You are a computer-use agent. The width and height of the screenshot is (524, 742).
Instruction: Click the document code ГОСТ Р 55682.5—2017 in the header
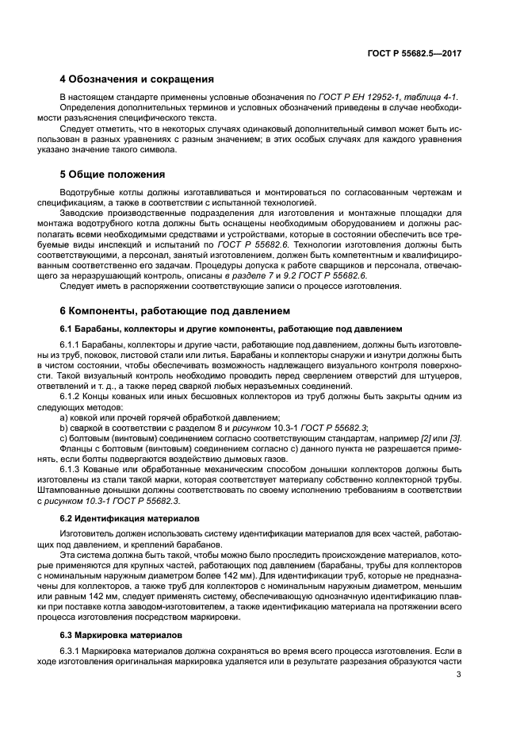point(415,53)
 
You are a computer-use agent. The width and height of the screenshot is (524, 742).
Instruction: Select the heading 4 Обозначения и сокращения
point(136,79)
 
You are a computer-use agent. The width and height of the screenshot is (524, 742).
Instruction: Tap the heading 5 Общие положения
point(113,175)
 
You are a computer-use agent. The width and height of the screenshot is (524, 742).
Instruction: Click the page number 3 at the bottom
point(458,675)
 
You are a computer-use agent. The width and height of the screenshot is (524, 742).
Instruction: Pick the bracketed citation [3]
point(455,439)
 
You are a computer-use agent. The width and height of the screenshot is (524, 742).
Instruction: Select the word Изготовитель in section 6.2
point(89,536)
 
